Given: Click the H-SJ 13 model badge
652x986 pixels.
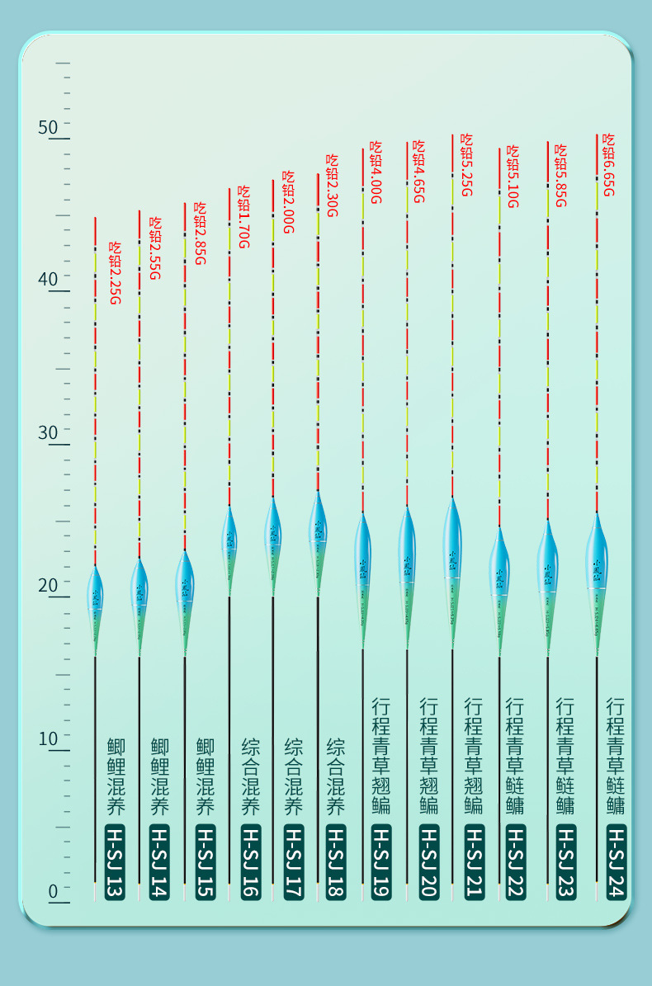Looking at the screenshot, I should click(115, 861).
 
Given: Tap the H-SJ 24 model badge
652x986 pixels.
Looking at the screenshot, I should click(616, 861).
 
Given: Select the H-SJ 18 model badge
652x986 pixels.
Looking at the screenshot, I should click(335, 861).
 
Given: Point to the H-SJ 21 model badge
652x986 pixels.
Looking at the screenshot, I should click(473, 861).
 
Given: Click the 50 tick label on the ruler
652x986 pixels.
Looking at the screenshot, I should click(48, 127).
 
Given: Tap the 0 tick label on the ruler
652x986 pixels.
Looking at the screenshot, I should click(53, 891).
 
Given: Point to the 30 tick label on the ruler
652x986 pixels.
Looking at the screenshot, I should click(48, 432).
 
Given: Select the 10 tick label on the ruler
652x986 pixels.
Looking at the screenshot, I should click(48, 738).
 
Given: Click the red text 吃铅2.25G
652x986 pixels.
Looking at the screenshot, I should click(116, 272).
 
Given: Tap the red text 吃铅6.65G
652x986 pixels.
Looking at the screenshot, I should click(608, 164).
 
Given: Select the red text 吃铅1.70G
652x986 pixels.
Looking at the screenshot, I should click(243, 215).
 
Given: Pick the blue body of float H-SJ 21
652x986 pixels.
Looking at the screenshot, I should click(451, 545).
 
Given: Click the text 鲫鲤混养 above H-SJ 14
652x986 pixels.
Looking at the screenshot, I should click(159, 776).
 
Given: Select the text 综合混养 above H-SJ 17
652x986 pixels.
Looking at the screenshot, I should click(293, 776).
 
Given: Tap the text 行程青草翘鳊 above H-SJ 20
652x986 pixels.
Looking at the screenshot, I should click(428, 756).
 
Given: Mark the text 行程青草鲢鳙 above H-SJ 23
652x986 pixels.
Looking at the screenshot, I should click(565, 756).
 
